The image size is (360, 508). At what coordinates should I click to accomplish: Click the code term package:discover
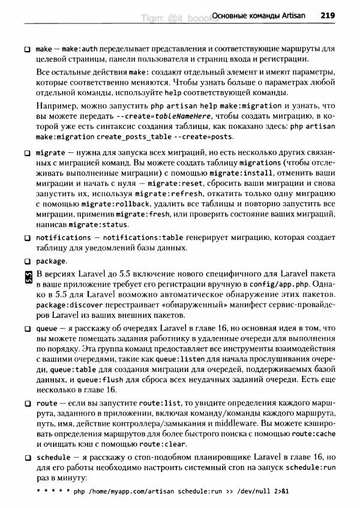coord(65,306)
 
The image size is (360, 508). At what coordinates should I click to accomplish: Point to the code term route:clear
coord(163,445)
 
